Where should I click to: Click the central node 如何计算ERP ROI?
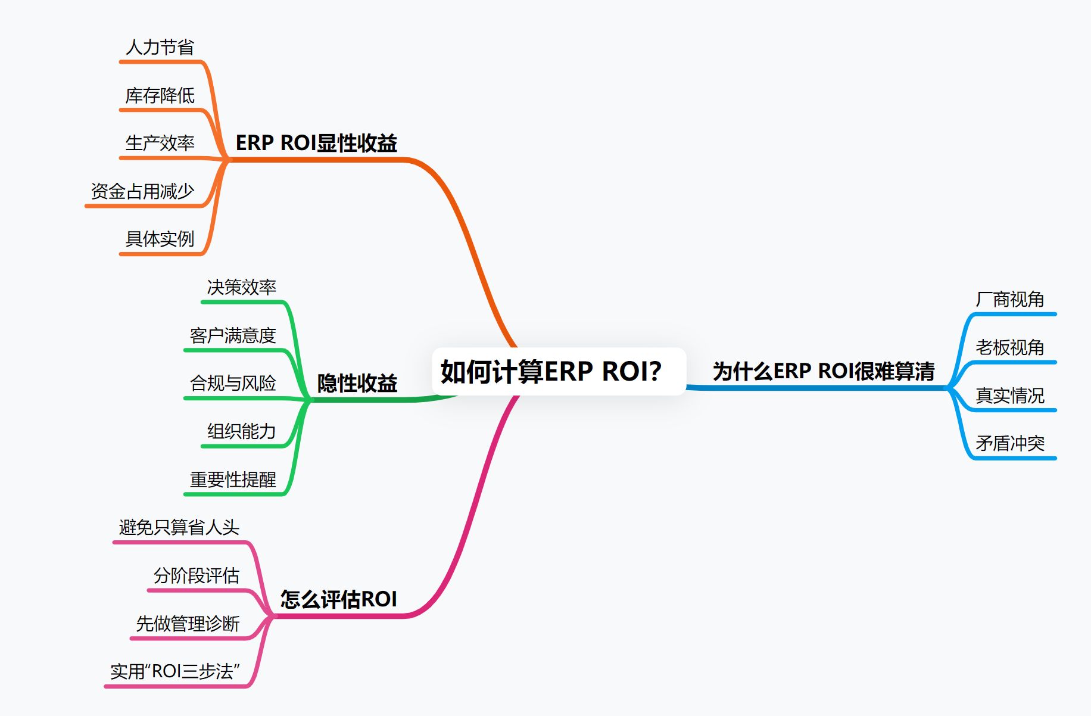(x=551, y=371)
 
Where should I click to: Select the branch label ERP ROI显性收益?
(x=316, y=143)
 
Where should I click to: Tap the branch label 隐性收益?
(x=357, y=383)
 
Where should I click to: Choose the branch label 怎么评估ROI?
(x=338, y=599)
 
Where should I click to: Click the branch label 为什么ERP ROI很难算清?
(x=824, y=371)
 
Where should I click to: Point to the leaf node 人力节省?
(x=160, y=47)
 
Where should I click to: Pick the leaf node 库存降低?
(x=160, y=95)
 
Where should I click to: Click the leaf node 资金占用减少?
(x=142, y=191)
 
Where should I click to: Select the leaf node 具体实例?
(x=160, y=239)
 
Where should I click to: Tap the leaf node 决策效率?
(x=241, y=287)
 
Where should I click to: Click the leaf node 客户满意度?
(x=233, y=335)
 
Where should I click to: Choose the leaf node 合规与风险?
(x=233, y=383)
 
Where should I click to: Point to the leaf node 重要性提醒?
(x=233, y=480)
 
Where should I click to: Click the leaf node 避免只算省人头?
(x=179, y=527)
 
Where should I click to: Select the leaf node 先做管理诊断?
(x=188, y=624)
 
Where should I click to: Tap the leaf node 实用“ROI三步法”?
(x=175, y=671)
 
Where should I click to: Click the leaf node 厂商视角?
(x=1010, y=299)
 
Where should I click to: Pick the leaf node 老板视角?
(x=1010, y=347)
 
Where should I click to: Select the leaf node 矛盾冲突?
(x=1010, y=443)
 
